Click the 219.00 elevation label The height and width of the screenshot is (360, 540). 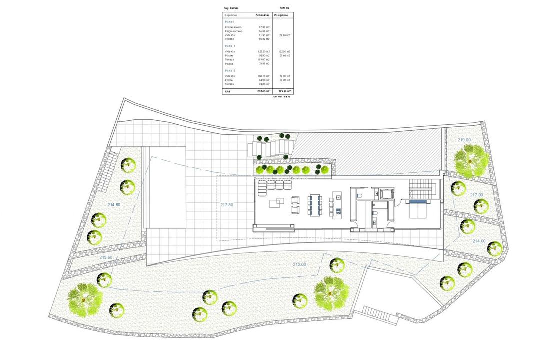(x=464, y=140)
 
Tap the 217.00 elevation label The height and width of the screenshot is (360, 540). (x=477, y=195)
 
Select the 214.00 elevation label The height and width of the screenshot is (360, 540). (x=479, y=241)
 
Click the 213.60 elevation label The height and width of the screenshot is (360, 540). (x=106, y=257)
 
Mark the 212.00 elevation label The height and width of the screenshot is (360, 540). (x=300, y=265)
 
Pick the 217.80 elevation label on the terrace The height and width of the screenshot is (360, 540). (x=227, y=204)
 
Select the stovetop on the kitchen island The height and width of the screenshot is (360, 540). (x=338, y=211)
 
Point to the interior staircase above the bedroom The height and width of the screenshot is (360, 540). (x=419, y=189)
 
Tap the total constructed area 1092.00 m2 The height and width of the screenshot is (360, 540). (x=261, y=91)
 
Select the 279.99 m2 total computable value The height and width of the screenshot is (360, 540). (x=285, y=91)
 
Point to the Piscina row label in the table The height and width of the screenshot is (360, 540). (x=229, y=64)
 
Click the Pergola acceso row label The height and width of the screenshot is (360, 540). (x=233, y=31)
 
